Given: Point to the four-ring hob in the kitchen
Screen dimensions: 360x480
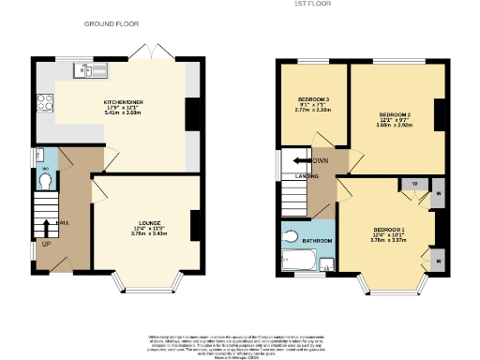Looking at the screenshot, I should pos(43,103).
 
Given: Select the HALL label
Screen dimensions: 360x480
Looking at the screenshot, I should pos(63,222).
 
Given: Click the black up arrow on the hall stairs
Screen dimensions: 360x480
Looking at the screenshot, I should pos(46,228).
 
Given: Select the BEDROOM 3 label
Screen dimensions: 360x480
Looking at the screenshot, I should pos(313,98).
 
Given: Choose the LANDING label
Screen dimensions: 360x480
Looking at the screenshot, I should pos(307,175).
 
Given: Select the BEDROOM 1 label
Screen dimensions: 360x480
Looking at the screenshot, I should pos(389,230).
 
